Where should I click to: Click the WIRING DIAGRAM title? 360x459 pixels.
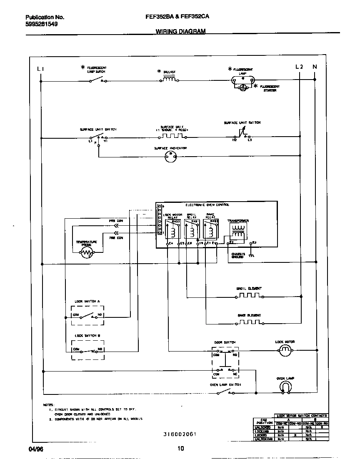pos(180,31)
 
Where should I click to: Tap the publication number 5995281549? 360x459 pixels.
pos(42,24)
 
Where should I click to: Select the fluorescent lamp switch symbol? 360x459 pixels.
pos(97,80)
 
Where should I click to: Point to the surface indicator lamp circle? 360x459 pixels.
pos(170,156)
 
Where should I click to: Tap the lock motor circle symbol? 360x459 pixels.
pos(285,351)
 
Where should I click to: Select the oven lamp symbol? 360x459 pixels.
pos(285,387)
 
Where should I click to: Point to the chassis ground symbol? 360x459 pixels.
pos(251,256)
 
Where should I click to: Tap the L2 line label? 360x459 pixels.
pos(299,67)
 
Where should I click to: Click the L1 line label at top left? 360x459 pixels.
pos(40,69)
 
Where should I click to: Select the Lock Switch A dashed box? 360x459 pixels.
pos(87,316)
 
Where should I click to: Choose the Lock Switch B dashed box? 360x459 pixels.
pos(87,350)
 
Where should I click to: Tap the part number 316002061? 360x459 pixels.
pos(180,434)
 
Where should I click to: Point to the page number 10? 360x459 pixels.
pos(180,449)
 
